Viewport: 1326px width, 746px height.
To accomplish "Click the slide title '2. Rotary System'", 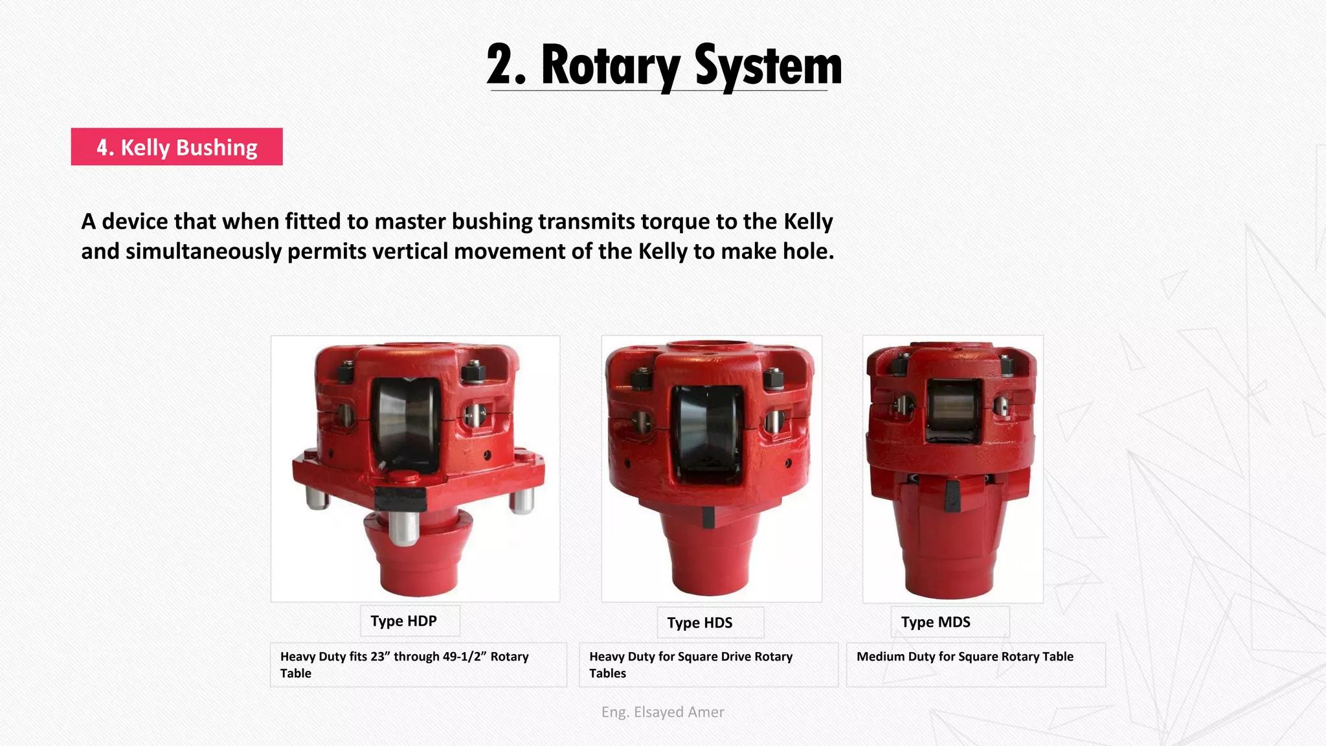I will [x=664, y=65].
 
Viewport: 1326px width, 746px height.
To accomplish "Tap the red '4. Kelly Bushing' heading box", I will [x=177, y=147].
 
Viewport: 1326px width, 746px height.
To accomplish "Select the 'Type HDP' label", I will [x=404, y=621].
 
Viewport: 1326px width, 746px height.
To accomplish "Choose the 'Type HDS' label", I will [x=700, y=623].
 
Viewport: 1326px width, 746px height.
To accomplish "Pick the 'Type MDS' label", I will [x=936, y=622].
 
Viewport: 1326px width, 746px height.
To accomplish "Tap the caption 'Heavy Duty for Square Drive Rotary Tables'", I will [x=691, y=664].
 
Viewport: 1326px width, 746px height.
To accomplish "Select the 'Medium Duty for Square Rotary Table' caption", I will [x=965, y=657].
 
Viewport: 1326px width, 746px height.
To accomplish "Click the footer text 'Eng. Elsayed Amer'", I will [x=662, y=712].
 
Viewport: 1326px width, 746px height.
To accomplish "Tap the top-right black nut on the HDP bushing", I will [x=474, y=372].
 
